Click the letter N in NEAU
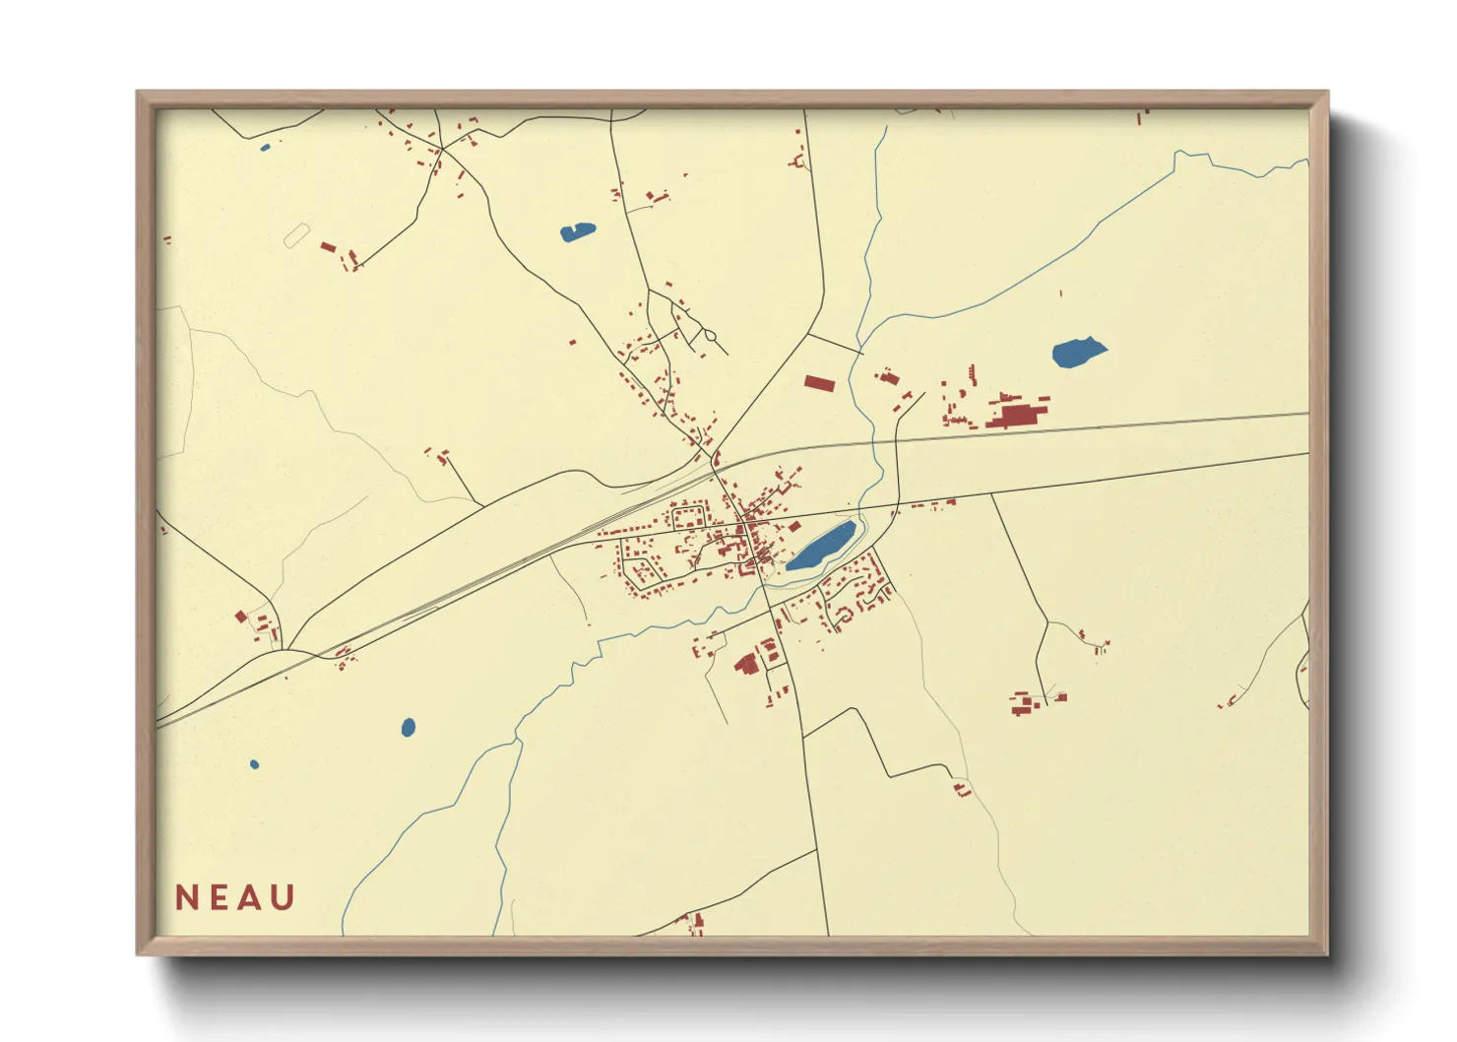point(187,898)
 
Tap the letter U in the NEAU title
point(283,898)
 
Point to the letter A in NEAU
point(250,898)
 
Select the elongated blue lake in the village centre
point(820,547)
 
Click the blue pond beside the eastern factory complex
point(1078,352)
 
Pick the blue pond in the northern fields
point(578,232)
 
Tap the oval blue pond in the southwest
point(409,728)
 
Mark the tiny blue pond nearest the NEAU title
point(254,764)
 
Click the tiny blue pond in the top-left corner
point(264,149)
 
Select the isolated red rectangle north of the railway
point(819,383)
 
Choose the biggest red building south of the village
point(747,664)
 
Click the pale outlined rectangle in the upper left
point(296,235)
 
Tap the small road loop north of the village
point(710,338)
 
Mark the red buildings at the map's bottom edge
point(697,924)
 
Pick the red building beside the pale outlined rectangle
point(329,247)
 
